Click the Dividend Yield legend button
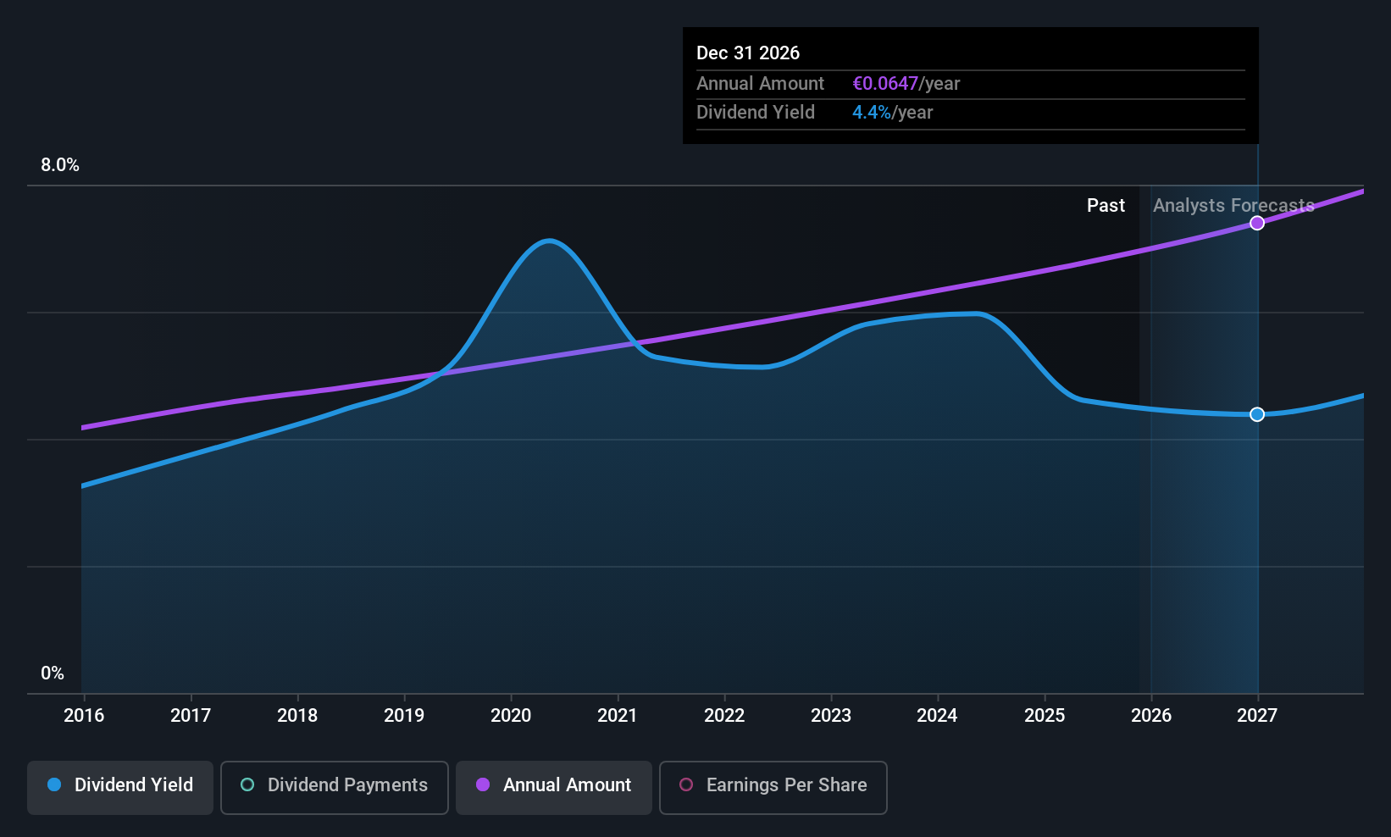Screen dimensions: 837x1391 120,786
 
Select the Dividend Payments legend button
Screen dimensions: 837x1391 335,786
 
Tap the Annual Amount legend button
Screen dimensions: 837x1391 554,786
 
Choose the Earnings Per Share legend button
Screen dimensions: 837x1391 773,786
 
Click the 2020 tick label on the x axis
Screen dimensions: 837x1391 511,716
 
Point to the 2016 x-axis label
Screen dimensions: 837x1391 84,716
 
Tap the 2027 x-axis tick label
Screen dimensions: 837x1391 1257,716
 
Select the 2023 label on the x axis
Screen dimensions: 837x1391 831,716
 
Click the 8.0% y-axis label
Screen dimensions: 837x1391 60,165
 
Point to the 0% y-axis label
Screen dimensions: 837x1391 53,673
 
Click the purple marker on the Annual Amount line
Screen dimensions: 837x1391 1257,223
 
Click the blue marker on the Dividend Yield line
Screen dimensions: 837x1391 1257,414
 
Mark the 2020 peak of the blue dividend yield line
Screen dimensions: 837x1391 550,241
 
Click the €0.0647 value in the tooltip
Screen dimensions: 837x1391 885,84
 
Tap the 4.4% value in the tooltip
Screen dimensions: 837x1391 871,113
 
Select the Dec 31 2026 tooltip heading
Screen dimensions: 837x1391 748,53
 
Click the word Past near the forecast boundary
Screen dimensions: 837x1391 1106,206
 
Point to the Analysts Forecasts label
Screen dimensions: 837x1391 1233,206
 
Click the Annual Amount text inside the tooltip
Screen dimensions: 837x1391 760,84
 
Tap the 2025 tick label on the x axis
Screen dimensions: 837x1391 1045,716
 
